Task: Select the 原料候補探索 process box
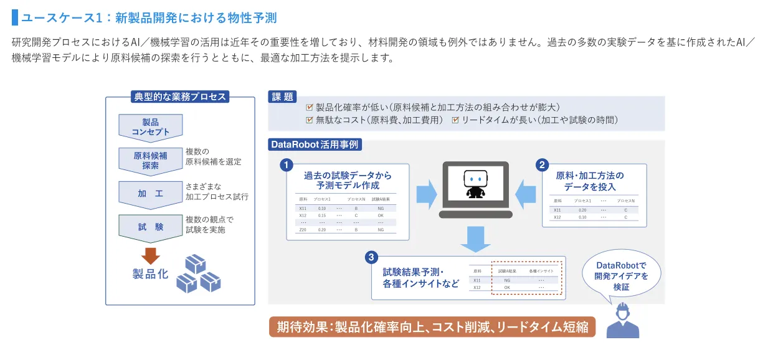point(150,160)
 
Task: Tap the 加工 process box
point(150,193)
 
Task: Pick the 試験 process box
point(150,227)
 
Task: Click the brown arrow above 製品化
point(150,255)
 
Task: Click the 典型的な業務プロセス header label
point(180,97)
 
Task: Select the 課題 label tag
point(282,97)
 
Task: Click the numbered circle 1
point(286,165)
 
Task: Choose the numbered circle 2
point(543,165)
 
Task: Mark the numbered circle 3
point(371,257)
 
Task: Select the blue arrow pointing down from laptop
point(475,239)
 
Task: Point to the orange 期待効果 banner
point(432,327)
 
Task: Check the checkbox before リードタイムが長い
point(455,120)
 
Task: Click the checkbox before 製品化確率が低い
point(310,107)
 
